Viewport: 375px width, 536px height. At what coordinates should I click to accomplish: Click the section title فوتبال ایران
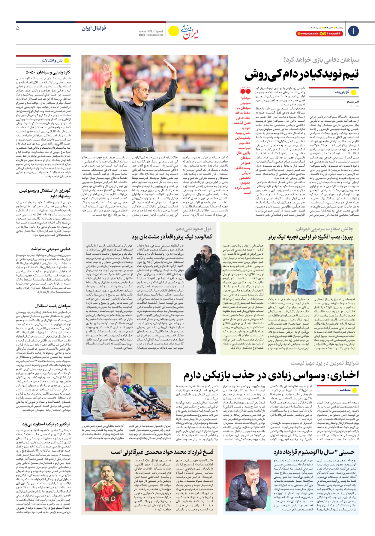(94, 28)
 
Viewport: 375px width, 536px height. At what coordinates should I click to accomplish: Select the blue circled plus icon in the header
(353, 31)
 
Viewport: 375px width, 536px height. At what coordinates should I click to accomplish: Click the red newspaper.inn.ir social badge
(307, 34)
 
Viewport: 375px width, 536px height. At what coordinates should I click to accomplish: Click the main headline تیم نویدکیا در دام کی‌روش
(301, 74)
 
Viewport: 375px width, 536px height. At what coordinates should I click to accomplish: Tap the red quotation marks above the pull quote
(245, 90)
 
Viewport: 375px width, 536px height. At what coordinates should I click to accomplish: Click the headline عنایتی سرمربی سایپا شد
(51, 249)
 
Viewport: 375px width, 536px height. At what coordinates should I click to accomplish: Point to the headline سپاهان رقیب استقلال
(52, 306)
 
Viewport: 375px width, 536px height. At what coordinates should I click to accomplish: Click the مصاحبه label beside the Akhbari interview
(345, 389)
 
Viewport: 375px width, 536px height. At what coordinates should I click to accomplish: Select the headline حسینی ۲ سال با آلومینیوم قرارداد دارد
(314, 452)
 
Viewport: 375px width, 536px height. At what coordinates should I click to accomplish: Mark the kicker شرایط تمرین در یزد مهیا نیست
(324, 363)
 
